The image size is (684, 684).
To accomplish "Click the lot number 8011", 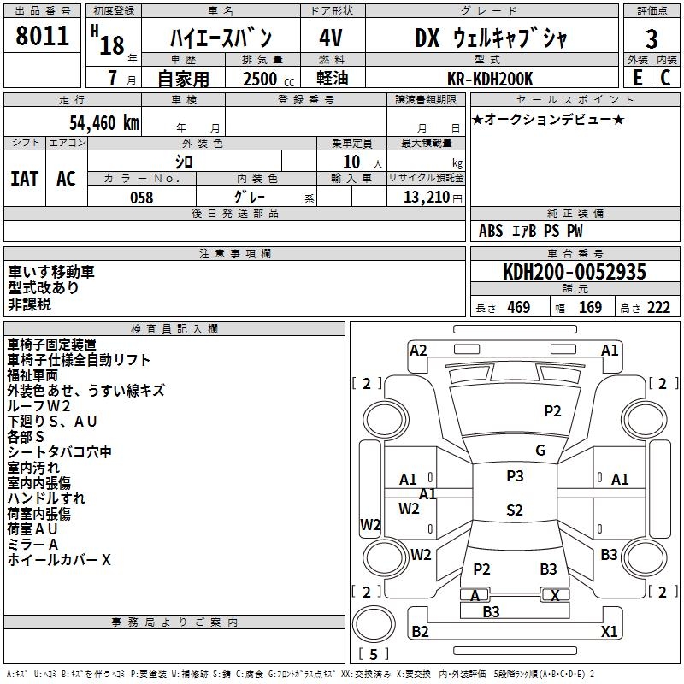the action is point(43,37).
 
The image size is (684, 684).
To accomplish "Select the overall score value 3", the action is point(652,39).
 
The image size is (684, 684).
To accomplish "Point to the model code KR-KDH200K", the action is point(490,79).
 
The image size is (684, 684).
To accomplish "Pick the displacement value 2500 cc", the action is point(264,79).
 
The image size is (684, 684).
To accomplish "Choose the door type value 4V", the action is point(331,38).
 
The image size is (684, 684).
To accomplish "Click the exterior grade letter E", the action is point(637,78).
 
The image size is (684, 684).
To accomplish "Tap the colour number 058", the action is point(141,198).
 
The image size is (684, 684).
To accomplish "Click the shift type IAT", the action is point(24,179).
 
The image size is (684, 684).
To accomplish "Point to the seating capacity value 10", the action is point(351,161).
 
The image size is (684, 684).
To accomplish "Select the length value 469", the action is point(518,307).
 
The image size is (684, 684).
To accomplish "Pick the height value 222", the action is point(658,307).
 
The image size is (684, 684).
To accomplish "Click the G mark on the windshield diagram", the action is point(540,451).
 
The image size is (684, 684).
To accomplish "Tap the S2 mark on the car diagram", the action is point(514,510).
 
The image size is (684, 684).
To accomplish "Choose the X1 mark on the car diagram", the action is point(610,632).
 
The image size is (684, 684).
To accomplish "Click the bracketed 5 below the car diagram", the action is point(374,654).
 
